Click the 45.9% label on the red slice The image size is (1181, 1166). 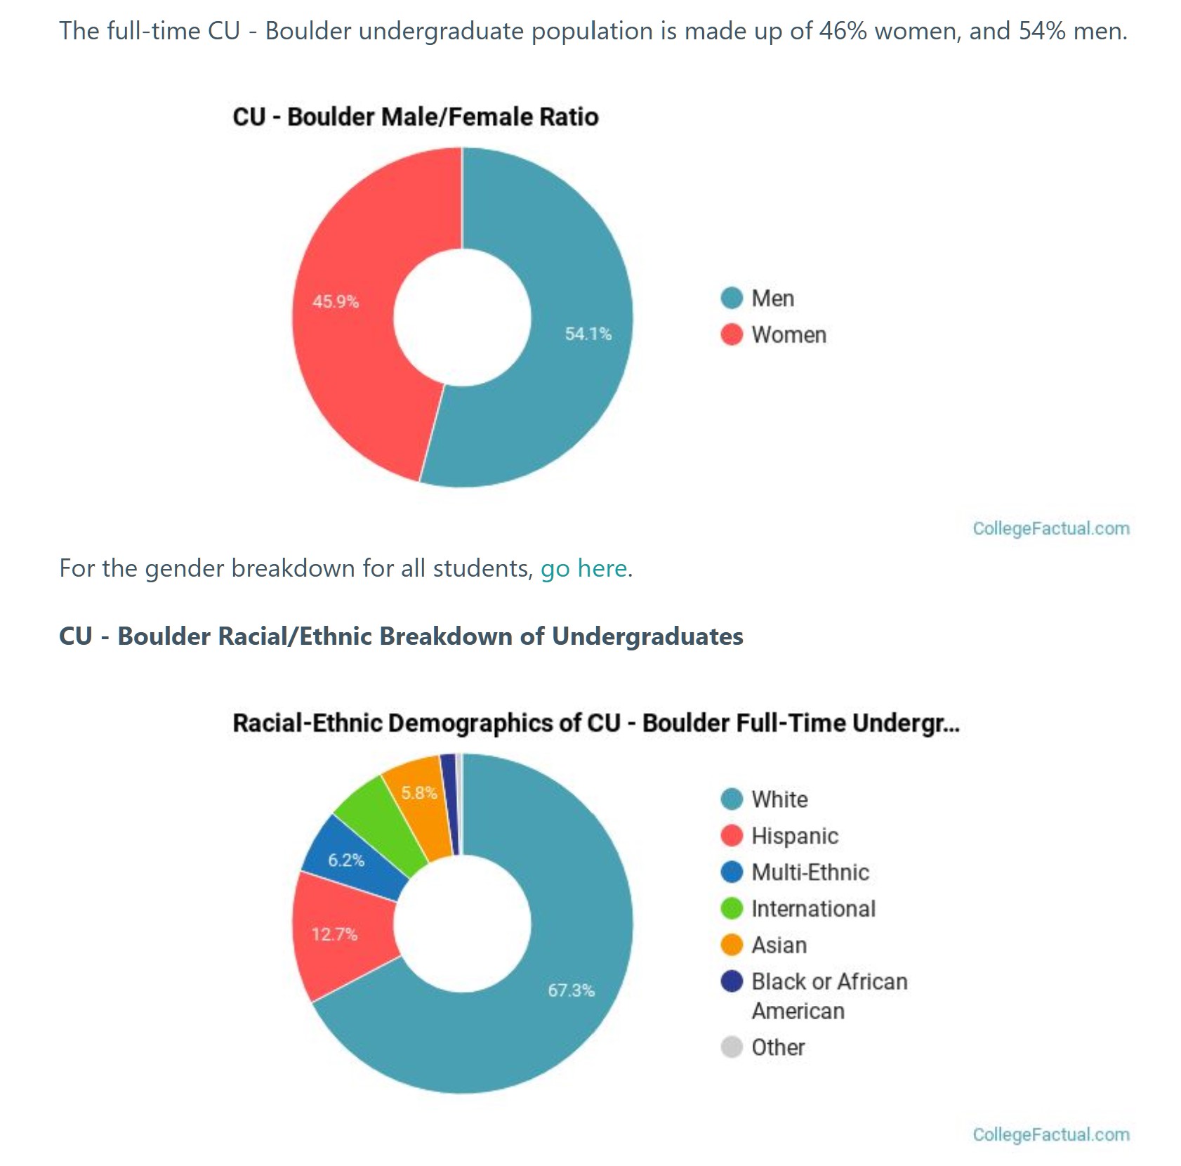[x=336, y=302]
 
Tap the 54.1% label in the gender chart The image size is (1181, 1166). [x=588, y=334]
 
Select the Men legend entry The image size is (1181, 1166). [x=772, y=299]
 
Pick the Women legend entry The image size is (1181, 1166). [x=788, y=335]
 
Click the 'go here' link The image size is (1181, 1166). [x=583, y=568]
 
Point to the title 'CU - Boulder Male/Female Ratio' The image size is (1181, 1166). [x=416, y=117]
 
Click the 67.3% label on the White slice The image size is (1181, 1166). [x=571, y=990]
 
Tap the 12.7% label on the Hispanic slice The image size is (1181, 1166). [x=335, y=934]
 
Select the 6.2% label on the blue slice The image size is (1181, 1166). [x=346, y=860]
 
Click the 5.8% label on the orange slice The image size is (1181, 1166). [x=419, y=793]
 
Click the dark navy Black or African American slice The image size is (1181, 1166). [x=449, y=801]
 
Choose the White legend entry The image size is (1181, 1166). [x=779, y=799]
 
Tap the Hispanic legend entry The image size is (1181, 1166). [x=794, y=836]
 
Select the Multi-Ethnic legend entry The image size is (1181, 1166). [x=810, y=872]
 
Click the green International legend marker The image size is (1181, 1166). [x=732, y=909]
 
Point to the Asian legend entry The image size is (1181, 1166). [x=778, y=945]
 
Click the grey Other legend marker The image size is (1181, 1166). [x=732, y=1047]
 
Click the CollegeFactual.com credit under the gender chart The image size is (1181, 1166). [x=1050, y=529]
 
